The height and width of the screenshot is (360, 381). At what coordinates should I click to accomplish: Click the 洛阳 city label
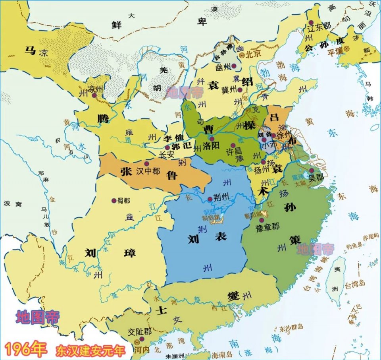click(210, 146)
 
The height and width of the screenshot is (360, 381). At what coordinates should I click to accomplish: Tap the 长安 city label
click(166, 155)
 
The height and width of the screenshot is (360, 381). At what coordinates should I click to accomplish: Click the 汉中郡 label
click(148, 171)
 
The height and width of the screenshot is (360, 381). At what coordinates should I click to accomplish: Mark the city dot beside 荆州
click(210, 199)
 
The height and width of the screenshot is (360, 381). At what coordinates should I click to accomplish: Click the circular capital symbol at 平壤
click(346, 48)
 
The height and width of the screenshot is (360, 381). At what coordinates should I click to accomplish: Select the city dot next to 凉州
click(94, 96)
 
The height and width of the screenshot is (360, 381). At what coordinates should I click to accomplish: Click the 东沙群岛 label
click(291, 327)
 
